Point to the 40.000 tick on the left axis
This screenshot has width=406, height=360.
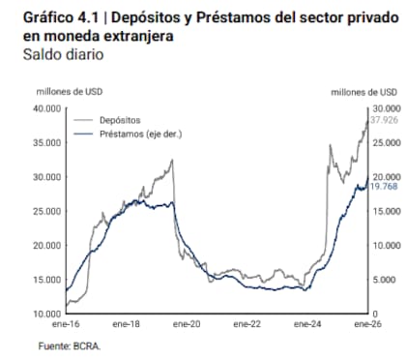coord(47,108)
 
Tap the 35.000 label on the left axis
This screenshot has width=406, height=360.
coord(47,142)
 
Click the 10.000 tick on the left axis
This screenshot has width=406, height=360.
coord(47,315)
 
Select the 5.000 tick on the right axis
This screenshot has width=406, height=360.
coord(383,280)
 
